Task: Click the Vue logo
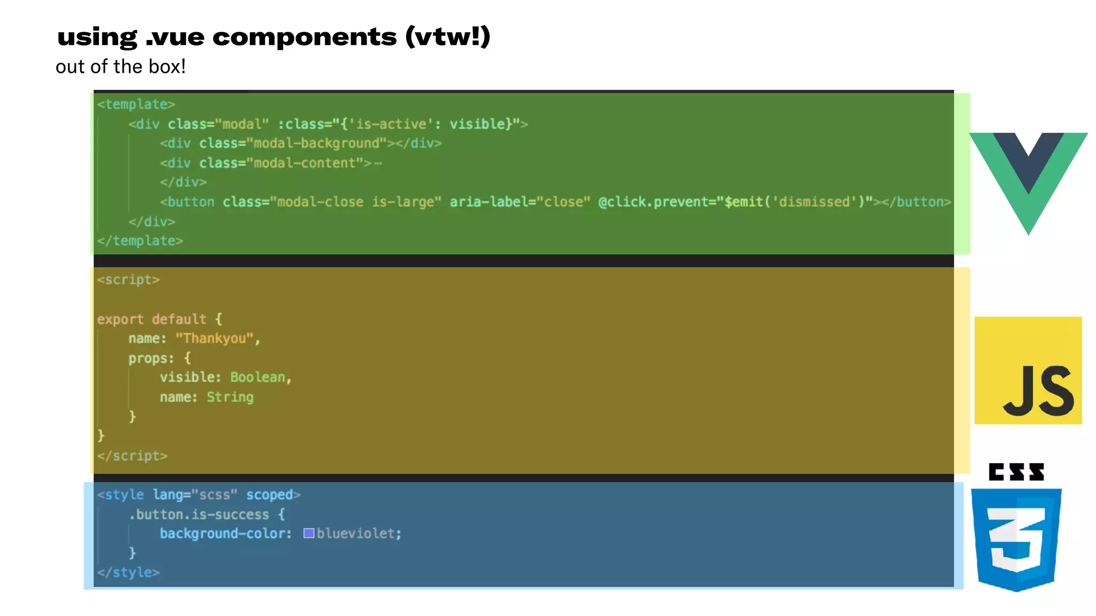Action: click(x=1028, y=176)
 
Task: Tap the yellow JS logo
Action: click(x=1028, y=371)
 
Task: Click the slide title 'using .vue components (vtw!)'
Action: click(x=273, y=37)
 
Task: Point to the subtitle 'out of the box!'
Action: click(x=120, y=67)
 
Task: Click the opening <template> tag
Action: click(x=136, y=104)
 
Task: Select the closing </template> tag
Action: click(x=140, y=241)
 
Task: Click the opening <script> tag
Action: click(x=128, y=280)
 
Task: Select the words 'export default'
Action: click(x=151, y=319)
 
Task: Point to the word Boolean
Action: click(x=258, y=378)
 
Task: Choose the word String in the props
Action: click(x=230, y=397)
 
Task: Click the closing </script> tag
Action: click(x=132, y=456)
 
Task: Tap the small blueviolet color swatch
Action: click(x=309, y=533)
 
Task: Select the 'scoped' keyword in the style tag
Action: click(x=269, y=495)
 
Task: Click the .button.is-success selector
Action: click(x=199, y=514)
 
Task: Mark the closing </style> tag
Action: click(x=128, y=572)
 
